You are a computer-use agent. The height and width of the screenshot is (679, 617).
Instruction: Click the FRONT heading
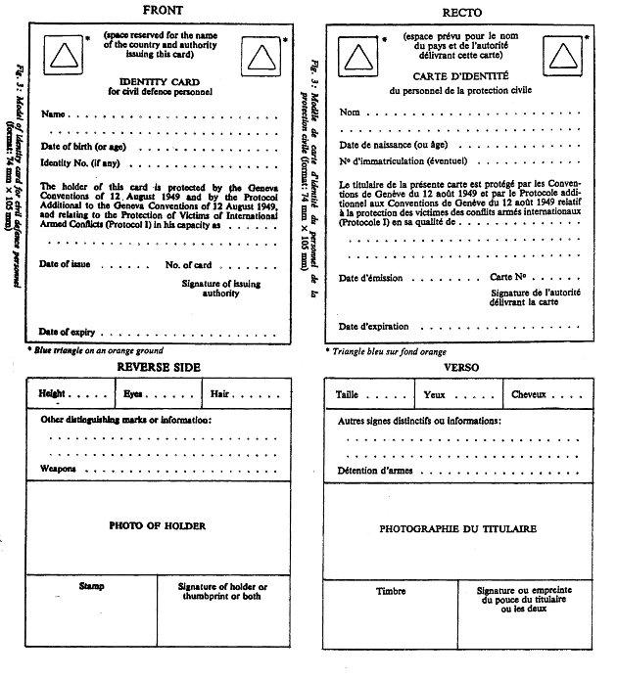click(162, 10)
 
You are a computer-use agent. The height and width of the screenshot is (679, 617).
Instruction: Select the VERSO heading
click(462, 368)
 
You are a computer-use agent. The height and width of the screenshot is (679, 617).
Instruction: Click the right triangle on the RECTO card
click(563, 57)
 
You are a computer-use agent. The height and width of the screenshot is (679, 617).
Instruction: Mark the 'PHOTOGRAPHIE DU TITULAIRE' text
click(457, 528)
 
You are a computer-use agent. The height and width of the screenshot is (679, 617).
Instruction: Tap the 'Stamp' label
click(91, 587)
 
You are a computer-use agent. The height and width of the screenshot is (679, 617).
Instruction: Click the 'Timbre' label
click(391, 592)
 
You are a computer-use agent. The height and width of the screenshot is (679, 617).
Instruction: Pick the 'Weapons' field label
click(57, 469)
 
